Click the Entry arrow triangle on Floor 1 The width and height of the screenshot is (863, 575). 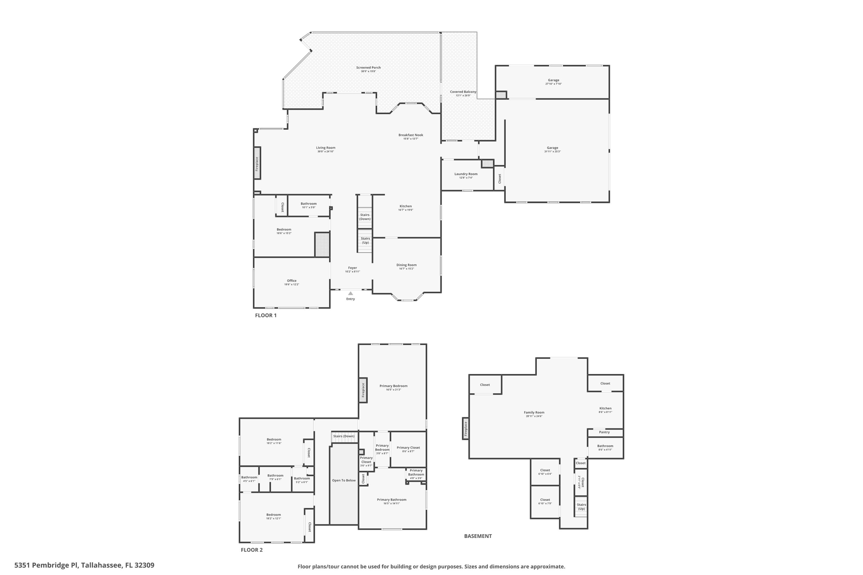point(350,293)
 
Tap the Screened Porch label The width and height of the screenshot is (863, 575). point(368,67)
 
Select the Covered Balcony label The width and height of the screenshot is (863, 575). point(463,92)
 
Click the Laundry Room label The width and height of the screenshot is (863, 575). point(466,174)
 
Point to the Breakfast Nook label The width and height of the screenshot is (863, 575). point(410,135)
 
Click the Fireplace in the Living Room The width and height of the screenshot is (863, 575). point(257,163)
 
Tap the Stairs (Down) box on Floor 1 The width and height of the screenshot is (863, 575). point(365,217)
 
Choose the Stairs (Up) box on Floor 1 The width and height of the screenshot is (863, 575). point(365,241)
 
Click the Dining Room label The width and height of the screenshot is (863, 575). point(406,265)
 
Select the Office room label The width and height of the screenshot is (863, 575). point(292,281)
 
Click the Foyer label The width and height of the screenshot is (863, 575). point(352,268)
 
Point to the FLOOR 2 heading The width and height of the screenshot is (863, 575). point(252,550)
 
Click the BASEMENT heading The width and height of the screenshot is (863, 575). point(478,536)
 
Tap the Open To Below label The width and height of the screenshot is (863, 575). point(344,480)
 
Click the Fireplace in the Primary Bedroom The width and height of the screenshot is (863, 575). point(363,390)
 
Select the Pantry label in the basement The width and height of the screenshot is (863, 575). point(604,432)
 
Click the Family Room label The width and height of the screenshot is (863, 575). point(534,412)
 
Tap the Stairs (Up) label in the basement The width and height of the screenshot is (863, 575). point(581,507)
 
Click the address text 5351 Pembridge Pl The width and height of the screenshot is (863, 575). point(84,565)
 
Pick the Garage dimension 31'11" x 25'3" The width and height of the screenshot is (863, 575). point(552,152)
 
